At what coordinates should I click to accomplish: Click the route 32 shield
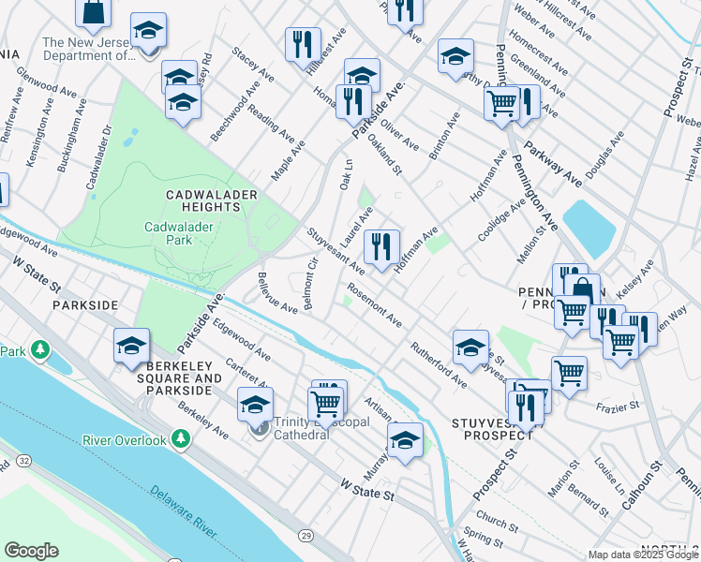pyautogui.click(x=23, y=462)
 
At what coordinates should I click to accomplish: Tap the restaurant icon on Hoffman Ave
pyautogui.click(x=380, y=246)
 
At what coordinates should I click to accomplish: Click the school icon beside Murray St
pyautogui.click(x=405, y=439)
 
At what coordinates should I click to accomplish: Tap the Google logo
pyautogui.click(x=31, y=551)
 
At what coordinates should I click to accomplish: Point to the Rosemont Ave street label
pyautogui.click(x=375, y=306)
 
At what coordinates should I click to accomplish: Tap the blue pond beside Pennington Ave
pyautogui.click(x=589, y=227)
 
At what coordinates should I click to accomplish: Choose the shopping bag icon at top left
pyautogui.click(x=94, y=11)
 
